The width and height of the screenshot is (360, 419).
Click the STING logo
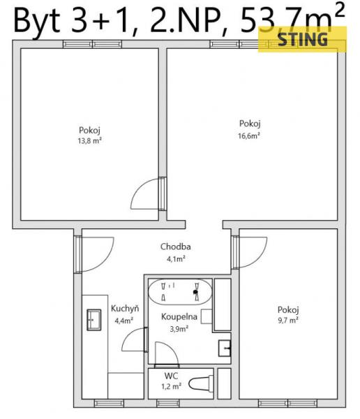[x=302, y=39]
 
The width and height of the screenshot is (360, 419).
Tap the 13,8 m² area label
[x=90, y=140]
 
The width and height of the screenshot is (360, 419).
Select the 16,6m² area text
[x=249, y=135]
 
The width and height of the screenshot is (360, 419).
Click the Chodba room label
[x=175, y=247]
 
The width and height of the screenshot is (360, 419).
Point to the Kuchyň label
[x=125, y=309]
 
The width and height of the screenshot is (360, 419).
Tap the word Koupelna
[x=179, y=317]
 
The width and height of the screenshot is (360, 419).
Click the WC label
[x=171, y=376]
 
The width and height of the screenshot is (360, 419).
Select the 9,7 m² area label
[x=288, y=320]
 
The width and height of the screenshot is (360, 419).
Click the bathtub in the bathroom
[x=180, y=292]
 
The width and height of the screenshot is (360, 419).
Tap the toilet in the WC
[x=201, y=383]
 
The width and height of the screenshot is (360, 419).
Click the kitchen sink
[x=94, y=320]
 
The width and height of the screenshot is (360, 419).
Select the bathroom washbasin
[x=225, y=348]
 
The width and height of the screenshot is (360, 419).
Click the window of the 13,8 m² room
[x=92, y=44]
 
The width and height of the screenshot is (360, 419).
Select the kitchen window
[x=109, y=403]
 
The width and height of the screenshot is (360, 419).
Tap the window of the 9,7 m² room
[x=287, y=403]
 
